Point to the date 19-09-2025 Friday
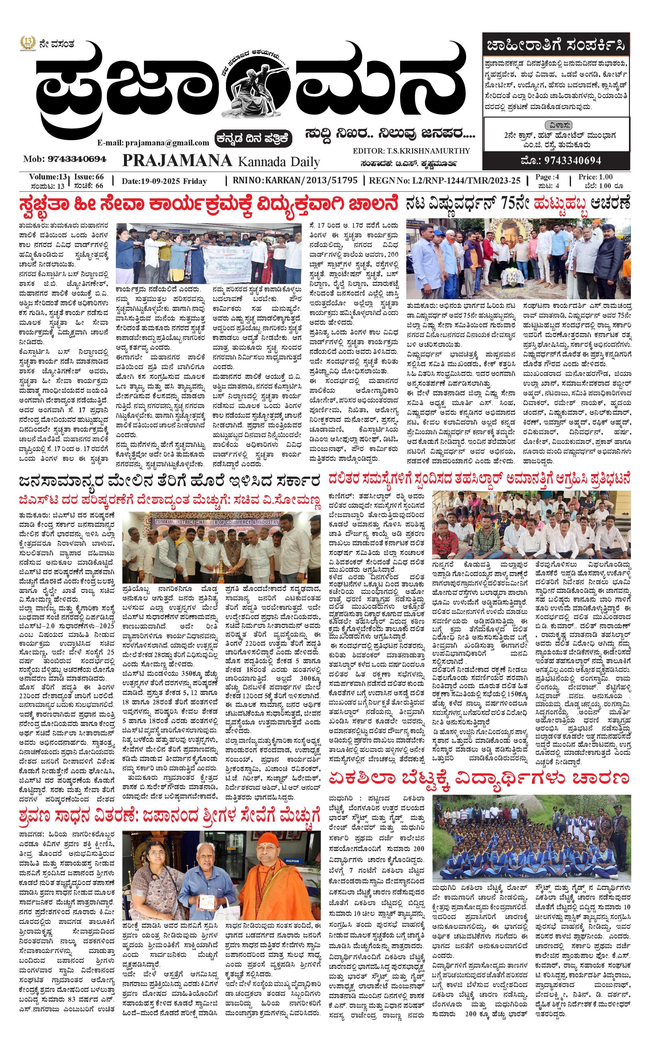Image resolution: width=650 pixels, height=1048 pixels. coord(164,181)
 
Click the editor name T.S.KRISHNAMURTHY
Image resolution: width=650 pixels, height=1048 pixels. coord(433,151)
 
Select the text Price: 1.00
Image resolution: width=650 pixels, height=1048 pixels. coord(595,177)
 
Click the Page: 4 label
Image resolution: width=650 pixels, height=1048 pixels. coord(547,177)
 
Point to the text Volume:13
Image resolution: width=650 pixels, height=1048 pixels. coord(48,177)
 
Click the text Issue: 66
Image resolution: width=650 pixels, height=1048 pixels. coord(89,177)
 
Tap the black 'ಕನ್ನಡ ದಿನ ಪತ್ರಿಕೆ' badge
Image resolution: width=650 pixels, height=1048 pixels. coord(254,138)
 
